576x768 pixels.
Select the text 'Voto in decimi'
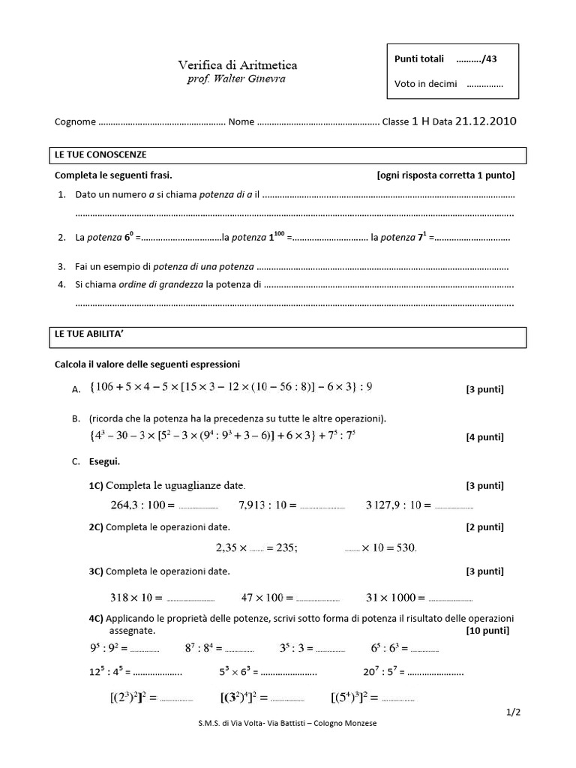(425, 84)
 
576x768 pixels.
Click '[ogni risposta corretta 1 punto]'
(445, 175)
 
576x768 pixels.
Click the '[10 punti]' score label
(487, 630)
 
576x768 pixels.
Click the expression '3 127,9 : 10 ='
(397, 505)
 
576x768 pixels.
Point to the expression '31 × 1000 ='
(395, 598)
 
